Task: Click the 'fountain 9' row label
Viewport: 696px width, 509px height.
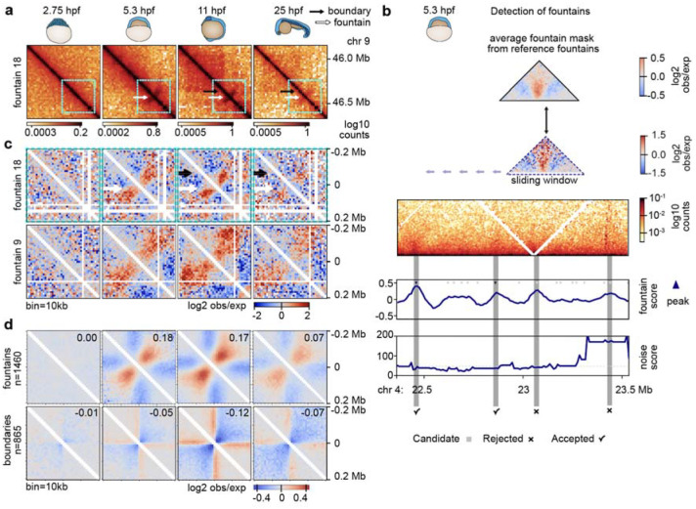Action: click(x=11, y=261)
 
